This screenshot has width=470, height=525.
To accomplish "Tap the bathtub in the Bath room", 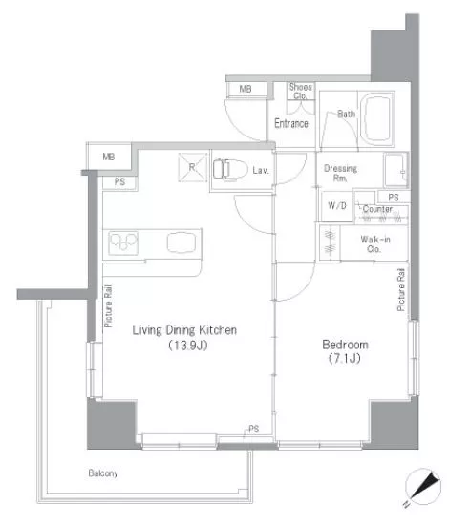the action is coord(377,119).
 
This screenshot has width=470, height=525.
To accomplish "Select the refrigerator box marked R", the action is coord(193,167).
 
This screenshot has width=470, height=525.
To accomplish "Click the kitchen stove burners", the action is coord(123,242).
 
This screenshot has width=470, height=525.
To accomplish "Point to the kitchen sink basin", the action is coord(182,242).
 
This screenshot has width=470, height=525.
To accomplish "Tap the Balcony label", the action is coord(103,473).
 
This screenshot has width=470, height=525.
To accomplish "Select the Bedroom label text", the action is coord(345,345).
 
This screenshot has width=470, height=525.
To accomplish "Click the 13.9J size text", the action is coord(188,345).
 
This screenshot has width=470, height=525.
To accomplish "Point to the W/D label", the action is coord(337,205).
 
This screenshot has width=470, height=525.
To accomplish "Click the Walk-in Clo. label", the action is coord(374,243).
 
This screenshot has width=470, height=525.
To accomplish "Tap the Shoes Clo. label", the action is coord(301,92).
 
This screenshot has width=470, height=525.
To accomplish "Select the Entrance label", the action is coord(291,123).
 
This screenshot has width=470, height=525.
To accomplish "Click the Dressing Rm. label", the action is coord(340,173).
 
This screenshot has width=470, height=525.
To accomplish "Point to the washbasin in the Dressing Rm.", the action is coord(396,170).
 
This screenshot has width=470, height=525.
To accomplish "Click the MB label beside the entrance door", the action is coord(246,89).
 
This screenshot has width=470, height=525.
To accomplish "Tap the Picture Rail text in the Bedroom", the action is coord(401,290).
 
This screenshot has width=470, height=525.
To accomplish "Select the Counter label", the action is coord(377,209).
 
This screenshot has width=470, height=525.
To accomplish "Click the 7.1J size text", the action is coord(345,359).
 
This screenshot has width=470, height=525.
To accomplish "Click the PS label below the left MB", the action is coord(119,181).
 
